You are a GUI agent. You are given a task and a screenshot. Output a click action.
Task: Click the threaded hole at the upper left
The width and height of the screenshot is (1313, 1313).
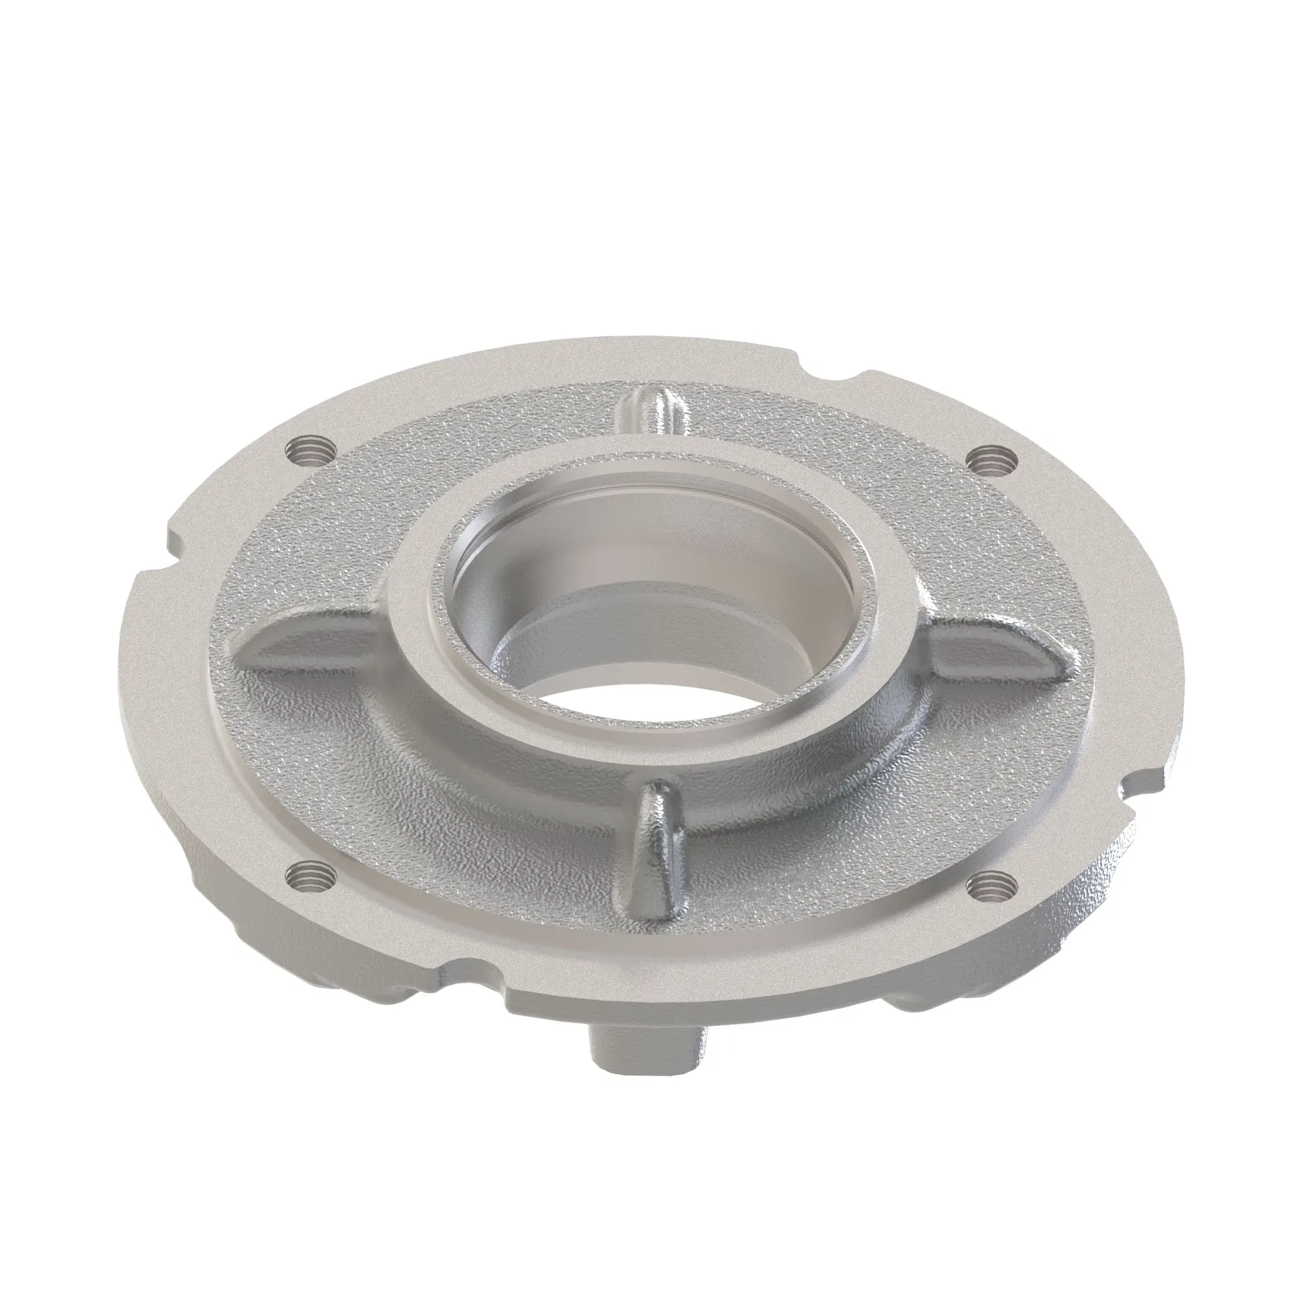310,449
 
